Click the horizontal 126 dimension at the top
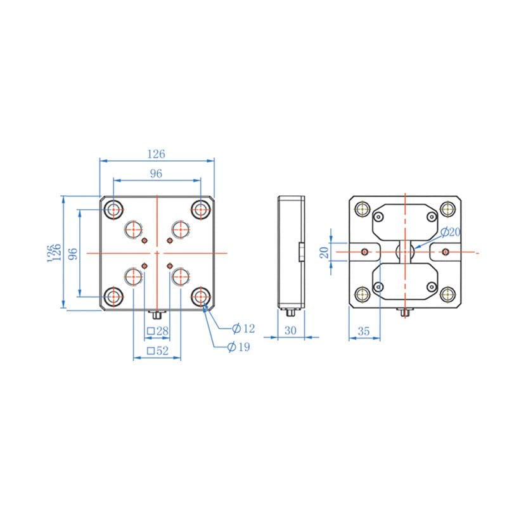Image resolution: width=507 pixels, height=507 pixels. click(x=156, y=154)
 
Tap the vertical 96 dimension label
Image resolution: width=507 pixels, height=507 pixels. click(x=73, y=253)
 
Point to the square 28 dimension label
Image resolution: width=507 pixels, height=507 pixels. click(x=157, y=331)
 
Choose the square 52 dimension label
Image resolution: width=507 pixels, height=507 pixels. click(x=157, y=350)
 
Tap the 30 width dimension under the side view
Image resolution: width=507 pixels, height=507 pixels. click(x=291, y=330)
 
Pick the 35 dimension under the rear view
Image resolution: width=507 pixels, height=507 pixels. click(x=364, y=330)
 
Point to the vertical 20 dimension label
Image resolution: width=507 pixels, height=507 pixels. click(x=324, y=252)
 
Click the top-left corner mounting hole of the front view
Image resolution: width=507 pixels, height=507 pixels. click(x=115, y=209)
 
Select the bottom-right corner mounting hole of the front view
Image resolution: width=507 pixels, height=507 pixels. click(x=202, y=295)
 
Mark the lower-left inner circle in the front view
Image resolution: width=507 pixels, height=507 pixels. click(x=134, y=276)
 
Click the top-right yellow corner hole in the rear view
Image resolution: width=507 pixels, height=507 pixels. click(x=449, y=209)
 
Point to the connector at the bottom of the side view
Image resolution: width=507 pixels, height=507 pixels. click(x=290, y=312)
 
